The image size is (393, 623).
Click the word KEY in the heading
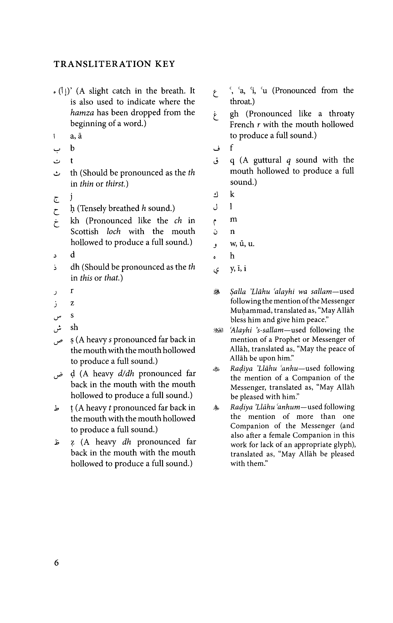coord(165,64)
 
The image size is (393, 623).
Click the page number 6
coord(56,563)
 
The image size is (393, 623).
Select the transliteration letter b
coord(72,148)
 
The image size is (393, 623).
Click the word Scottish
coord(84,231)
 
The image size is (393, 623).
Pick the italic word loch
coord(114,231)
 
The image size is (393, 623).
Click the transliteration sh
coord(74,327)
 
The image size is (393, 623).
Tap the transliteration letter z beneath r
coord(72,303)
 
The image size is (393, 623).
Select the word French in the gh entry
coord(242,125)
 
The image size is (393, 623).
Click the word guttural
coord(267,160)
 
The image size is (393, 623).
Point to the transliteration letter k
coord(232,194)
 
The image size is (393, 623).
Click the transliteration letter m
coord(234,219)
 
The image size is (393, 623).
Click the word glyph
coord(344,445)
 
